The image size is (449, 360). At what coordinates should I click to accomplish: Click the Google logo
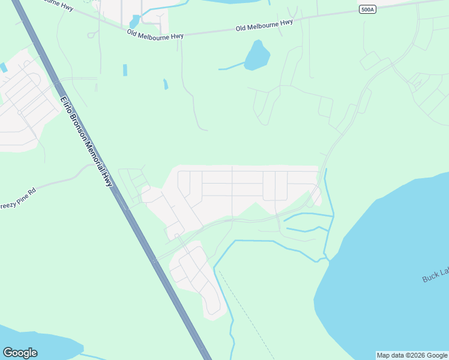coord(20,353)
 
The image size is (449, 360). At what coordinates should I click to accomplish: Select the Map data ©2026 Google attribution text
coord(412,355)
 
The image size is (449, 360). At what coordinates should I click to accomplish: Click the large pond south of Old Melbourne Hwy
coord(257,56)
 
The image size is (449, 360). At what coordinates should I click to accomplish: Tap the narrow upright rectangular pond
coord(125,70)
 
